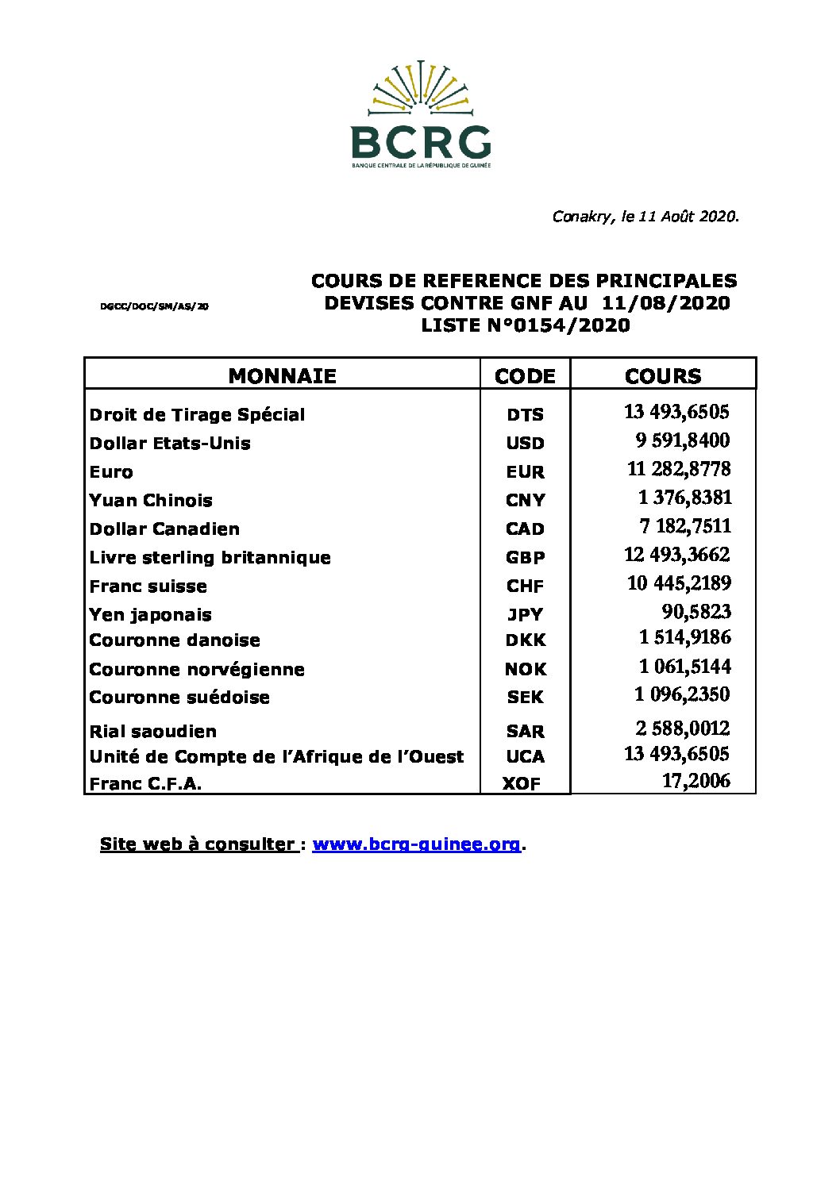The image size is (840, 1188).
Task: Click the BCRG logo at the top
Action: click(421, 115)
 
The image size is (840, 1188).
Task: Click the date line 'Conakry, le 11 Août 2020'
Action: click(645, 216)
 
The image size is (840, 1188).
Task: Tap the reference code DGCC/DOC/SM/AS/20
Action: click(155, 306)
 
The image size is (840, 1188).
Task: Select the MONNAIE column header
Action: click(282, 375)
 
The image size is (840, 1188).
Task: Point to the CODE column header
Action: click(525, 376)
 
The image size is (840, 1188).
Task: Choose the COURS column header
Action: click(663, 376)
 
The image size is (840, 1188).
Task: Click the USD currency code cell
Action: click(525, 444)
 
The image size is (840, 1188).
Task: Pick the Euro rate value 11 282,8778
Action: click(679, 469)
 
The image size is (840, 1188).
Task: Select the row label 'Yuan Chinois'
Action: click(151, 501)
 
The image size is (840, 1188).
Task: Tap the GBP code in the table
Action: click(525, 558)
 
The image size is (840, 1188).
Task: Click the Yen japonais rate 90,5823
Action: click(696, 612)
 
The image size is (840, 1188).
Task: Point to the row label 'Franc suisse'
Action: click(148, 586)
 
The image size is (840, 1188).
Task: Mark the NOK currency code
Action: click(525, 670)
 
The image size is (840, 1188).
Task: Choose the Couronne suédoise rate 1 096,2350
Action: click(682, 694)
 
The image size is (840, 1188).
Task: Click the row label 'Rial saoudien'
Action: click(153, 732)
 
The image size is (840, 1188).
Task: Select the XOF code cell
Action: click(522, 784)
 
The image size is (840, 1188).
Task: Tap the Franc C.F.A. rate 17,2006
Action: click(696, 781)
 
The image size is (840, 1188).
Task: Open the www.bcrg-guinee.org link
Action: click(417, 844)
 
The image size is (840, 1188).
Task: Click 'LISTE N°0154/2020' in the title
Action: click(525, 325)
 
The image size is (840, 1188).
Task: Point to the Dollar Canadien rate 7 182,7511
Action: click(685, 526)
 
